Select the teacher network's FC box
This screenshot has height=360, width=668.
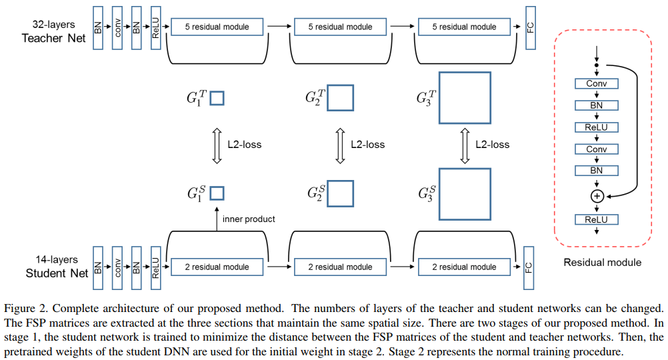coord(531,27)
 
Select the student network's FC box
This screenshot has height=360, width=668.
coord(529,267)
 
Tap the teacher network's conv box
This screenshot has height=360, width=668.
coord(117,27)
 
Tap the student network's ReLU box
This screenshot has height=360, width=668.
coord(155,267)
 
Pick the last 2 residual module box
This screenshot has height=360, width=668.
coord(464,267)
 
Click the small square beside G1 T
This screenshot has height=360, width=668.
coord(217,99)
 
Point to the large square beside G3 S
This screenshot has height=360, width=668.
coord(465,194)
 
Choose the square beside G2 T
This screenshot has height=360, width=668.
coord(340,98)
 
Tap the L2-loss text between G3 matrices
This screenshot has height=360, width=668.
coord(492,145)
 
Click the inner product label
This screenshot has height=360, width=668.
coord(249,219)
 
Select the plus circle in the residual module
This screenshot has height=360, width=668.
coord(597,196)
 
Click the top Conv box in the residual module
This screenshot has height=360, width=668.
coord(596,84)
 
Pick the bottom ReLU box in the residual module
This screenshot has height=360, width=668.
coord(596,219)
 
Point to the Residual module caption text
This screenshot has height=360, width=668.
coord(602,262)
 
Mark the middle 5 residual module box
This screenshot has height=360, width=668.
coord(340,27)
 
